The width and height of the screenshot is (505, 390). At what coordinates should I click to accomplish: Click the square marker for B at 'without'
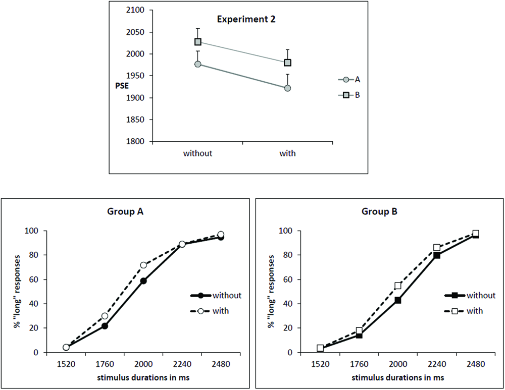[198, 42]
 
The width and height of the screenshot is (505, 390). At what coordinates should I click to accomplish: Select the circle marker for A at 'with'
[287, 88]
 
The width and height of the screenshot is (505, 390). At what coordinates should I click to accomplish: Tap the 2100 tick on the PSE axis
[136, 10]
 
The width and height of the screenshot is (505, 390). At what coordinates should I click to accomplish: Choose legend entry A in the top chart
[350, 79]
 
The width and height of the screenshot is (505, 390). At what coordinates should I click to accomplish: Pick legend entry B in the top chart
[350, 94]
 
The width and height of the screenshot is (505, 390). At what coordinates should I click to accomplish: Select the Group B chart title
[379, 212]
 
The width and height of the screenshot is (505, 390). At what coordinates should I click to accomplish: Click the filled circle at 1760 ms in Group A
[105, 326]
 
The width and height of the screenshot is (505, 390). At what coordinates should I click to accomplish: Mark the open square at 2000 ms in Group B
[398, 286]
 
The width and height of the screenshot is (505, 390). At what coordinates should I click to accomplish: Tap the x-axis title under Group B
[398, 377]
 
